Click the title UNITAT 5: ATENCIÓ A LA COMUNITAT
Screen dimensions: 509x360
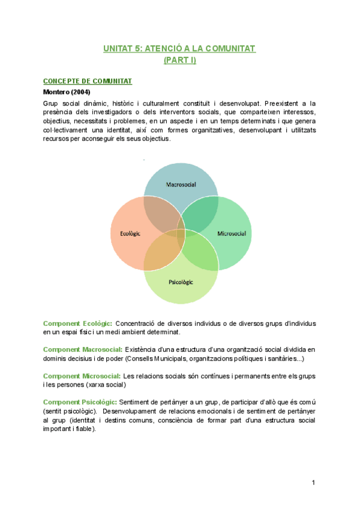pos(179,49)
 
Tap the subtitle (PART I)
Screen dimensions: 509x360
pos(179,60)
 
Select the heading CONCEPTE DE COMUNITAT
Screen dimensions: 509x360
pos(88,81)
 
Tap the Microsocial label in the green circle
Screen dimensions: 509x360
pos(232,233)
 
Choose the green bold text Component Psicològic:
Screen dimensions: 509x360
pos(80,402)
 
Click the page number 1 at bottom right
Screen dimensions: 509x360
pos(313,483)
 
